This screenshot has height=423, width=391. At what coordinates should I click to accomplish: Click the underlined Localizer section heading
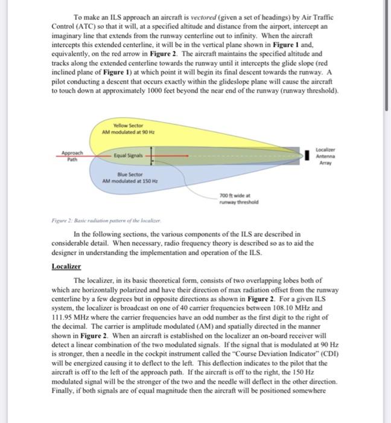(x=66, y=266)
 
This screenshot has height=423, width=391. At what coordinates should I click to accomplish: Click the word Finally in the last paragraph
(x=64, y=391)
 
